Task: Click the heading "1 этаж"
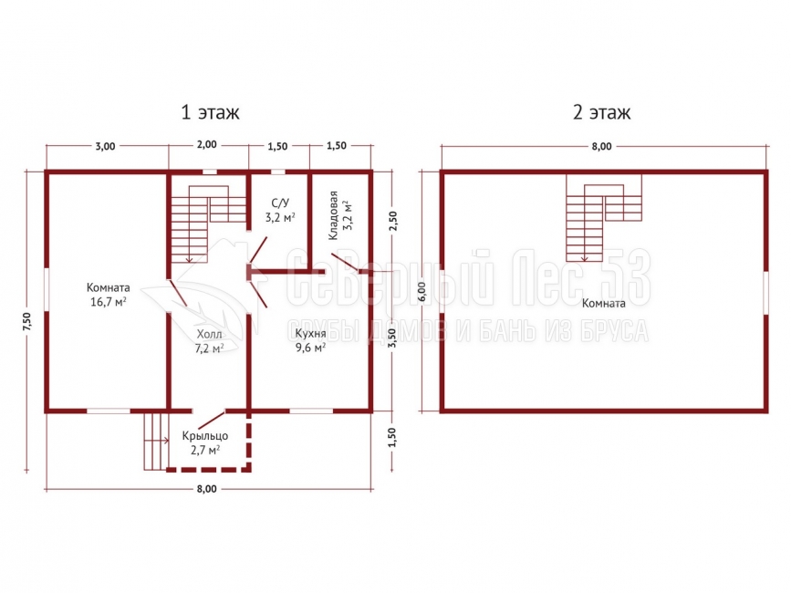point(210,112)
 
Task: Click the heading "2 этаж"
point(601,112)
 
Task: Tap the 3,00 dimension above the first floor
point(106,146)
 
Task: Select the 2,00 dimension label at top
point(207,145)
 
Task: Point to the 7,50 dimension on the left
point(26,322)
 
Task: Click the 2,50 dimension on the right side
point(393,221)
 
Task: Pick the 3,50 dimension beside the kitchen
point(392,338)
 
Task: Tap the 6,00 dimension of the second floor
point(422,291)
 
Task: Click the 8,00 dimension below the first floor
point(207,489)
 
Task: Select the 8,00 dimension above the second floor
point(601,146)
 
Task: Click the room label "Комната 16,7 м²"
point(108,295)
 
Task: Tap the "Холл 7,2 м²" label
point(209,341)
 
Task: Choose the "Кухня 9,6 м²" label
point(310,340)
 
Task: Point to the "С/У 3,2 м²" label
point(280,210)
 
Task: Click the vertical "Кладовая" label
point(333,215)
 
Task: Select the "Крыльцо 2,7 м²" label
point(204,442)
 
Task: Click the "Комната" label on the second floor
point(603,303)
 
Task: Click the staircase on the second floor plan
point(604,218)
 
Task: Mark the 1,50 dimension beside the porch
point(393,437)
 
